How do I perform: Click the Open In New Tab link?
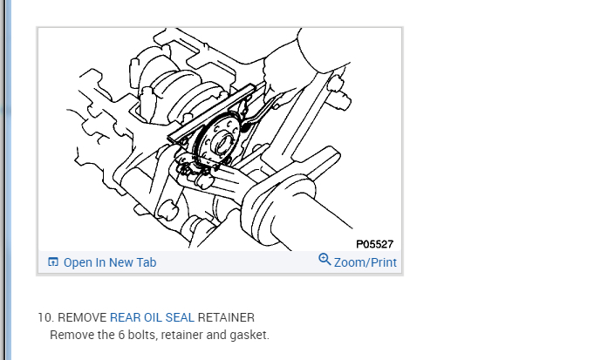tap(110, 262)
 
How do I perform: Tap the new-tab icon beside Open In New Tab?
tap(53, 262)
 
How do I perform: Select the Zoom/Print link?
tap(365, 262)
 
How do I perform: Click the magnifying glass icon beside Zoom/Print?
tap(324, 259)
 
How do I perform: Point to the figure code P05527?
tap(374, 244)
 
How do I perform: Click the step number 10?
tap(45, 317)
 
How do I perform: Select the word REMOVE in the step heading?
tap(82, 317)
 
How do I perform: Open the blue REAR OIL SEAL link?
tap(152, 317)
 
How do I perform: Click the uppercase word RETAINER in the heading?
tap(226, 317)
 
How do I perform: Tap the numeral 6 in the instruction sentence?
tap(121, 335)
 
